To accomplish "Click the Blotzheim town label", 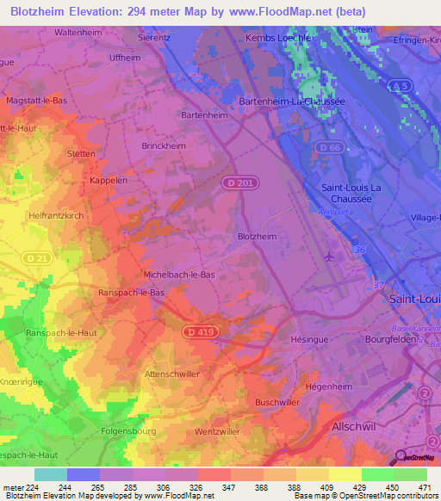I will pyautogui.click(x=256, y=236).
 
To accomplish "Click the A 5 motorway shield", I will pyautogui.click(x=398, y=84).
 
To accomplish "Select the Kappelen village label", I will pyautogui.click(x=108, y=182).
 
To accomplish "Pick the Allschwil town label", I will pyautogui.click(x=357, y=426).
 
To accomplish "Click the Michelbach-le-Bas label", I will pyautogui.click(x=177, y=274).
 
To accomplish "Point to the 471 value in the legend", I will pyautogui.click(x=425, y=487).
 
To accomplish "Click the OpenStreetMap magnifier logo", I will pyautogui.click(x=399, y=456).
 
